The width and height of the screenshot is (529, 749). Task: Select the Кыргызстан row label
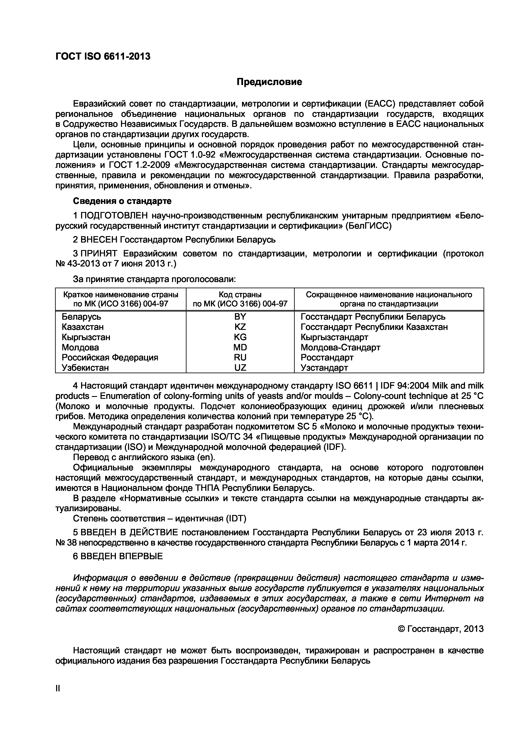coord(86,337)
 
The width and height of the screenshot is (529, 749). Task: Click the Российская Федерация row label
coord(110,358)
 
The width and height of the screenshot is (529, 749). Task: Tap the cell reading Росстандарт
coord(327,358)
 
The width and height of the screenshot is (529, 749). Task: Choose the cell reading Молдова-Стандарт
coord(340,347)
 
